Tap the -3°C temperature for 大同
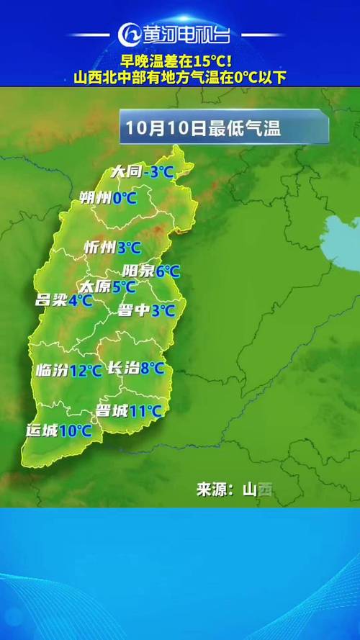tap(158, 172)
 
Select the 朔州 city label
tap(95, 197)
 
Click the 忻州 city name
tap(99, 248)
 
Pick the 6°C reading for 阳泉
tap(167, 271)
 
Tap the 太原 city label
tap(94, 287)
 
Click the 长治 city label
tap(122, 368)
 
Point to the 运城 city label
tap(41, 431)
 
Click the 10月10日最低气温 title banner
tap(224, 129)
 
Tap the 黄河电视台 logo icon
tap(128, 35)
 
